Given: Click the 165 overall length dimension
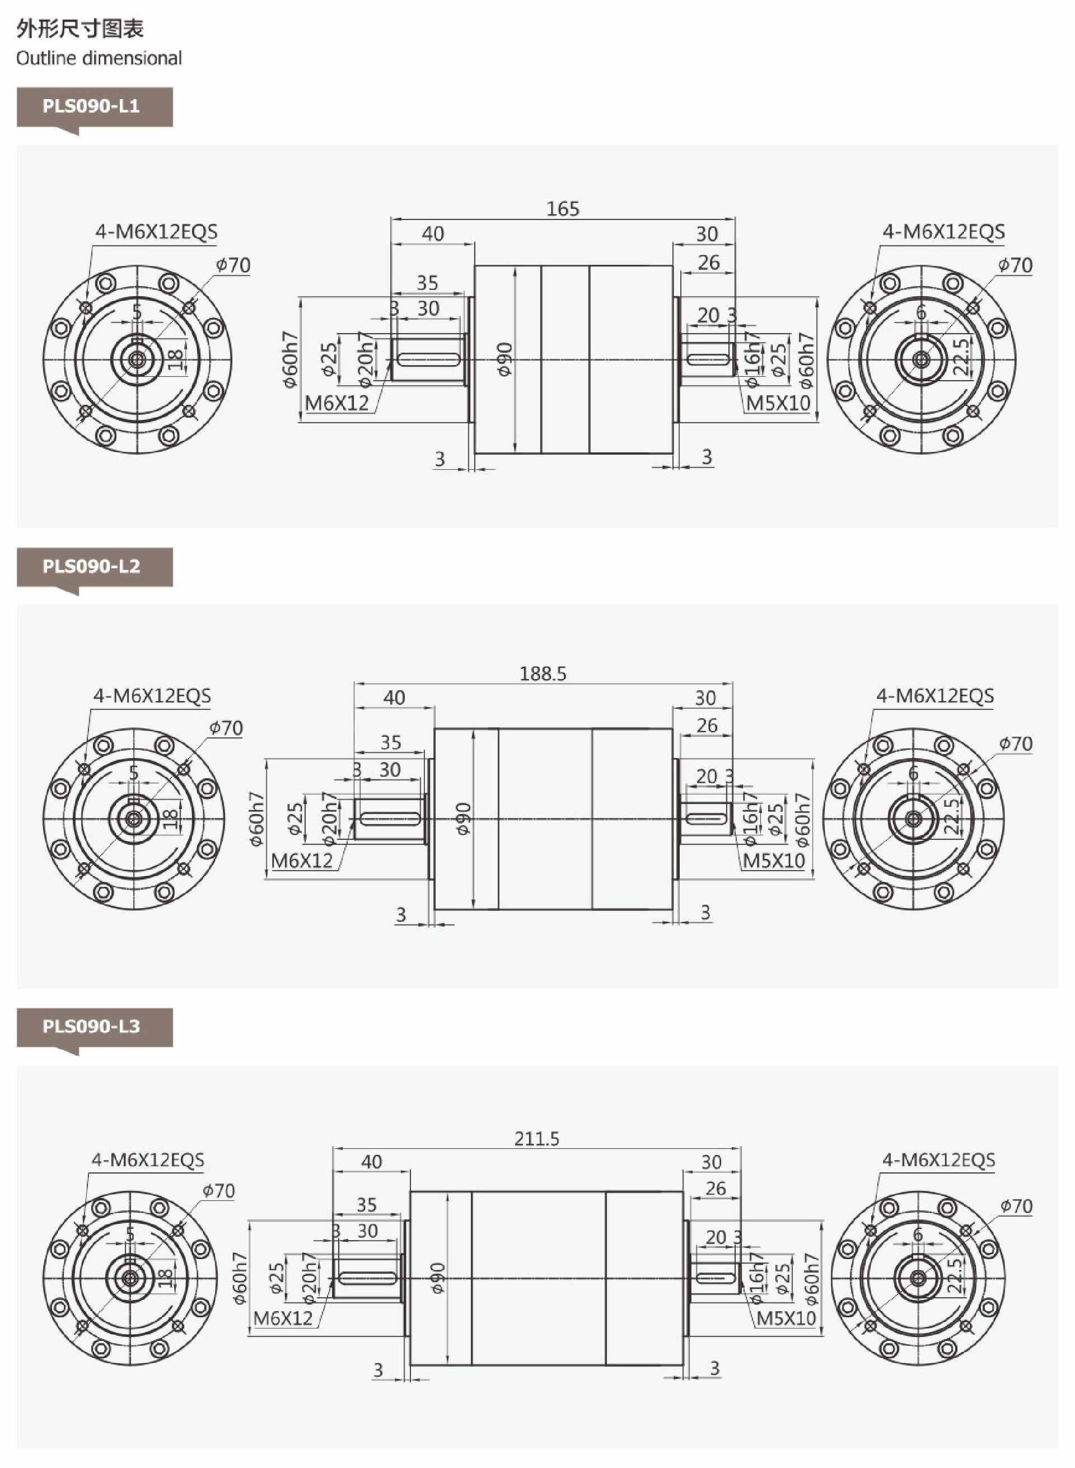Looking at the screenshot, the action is coord(563,209).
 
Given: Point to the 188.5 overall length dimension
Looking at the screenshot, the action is coord(543,674).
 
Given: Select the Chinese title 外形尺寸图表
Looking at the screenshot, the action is coord(80,29).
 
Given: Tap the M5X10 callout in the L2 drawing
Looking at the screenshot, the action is coord(774,861).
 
